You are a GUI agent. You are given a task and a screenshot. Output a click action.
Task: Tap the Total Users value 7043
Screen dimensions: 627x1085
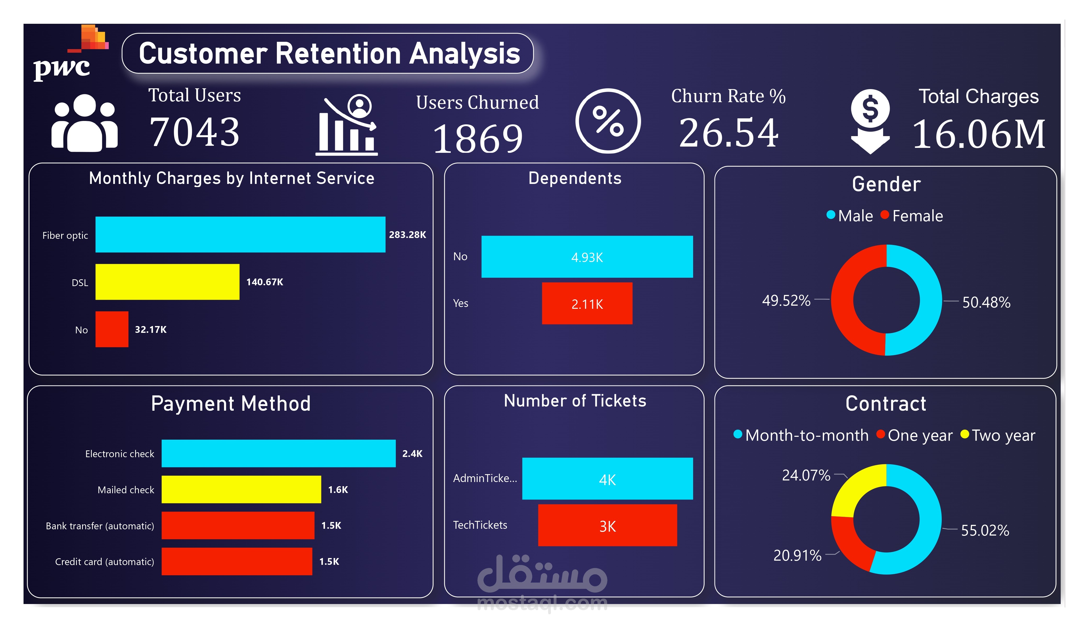[x=194, y=132]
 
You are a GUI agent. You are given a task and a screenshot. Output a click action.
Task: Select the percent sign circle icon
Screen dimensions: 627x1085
[x=608, y=121]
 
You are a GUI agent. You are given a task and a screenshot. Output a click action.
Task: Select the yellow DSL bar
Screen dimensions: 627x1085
[x=167, y=282]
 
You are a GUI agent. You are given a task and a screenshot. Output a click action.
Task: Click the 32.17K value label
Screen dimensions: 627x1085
[x=150, y=330]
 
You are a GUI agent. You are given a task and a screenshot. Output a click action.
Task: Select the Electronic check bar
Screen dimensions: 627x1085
[x=278, y=453]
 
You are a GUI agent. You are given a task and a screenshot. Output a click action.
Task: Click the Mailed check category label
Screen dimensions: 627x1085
[x=126, y=490]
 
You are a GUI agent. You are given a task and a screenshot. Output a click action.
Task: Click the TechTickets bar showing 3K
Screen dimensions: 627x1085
[x=607, y=525]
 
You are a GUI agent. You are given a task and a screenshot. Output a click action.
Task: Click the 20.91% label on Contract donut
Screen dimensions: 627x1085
[x=797, y=555]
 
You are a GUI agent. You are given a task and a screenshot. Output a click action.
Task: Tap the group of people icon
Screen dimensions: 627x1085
[x=84, y=123]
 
